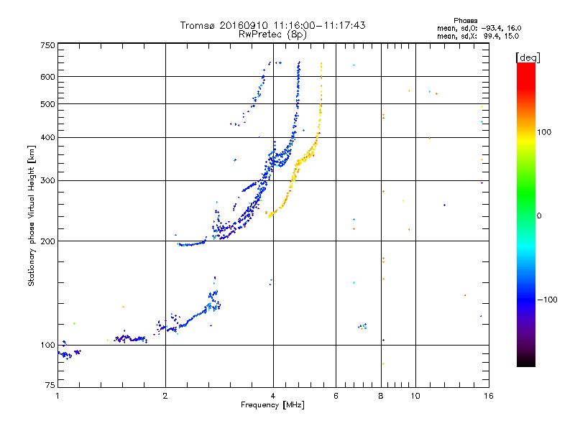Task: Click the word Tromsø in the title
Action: click(197, 25)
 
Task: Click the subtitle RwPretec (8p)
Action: click(272, 34)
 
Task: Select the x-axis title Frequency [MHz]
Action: click(272, 405)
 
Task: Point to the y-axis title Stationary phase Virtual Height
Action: click(31, 215)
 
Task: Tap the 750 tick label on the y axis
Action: click(47, 45)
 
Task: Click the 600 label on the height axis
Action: click(47, 77)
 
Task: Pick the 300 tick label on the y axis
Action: click(47, 181)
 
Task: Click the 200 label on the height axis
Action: click(47, 241)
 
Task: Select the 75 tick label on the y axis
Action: click(50, 385)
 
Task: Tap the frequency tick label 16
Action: click(489, 396)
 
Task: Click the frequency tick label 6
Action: click(336, 396)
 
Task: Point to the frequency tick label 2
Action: click(165, 396)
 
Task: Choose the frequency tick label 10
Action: click(415, 396)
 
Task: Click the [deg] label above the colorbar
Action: click(528, 58)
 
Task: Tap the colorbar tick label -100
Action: click(547, 300)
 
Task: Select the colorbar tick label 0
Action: click(539, 216)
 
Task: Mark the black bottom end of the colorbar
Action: click(526, 364)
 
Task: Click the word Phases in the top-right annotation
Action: click(465, 21)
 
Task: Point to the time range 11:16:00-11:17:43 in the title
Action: click(319, 25)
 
